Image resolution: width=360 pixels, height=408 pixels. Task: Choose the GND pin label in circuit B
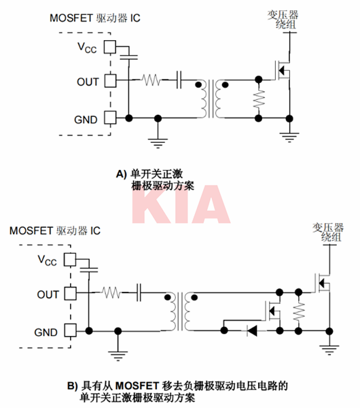coord(47,330)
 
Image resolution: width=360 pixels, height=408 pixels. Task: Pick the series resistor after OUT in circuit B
coord(111,294)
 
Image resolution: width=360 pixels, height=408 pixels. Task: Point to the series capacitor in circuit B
coord(139,294)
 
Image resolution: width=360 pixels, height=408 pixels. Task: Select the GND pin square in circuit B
coord(70,330)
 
